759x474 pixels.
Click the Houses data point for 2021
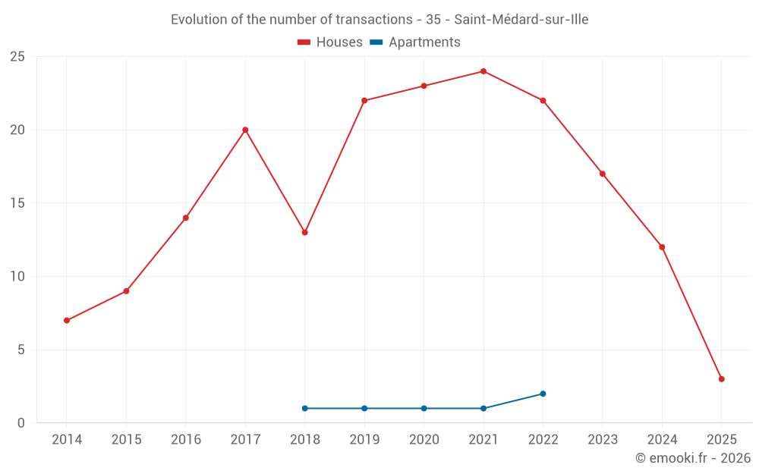[483, 71]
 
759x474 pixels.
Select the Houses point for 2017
[245, 130]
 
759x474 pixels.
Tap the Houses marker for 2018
[304, 232]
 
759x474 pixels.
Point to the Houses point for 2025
[721, 379]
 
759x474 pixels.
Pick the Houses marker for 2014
[67, 320]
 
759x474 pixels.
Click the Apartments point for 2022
[543, 394]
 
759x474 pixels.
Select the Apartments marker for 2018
[304, 408]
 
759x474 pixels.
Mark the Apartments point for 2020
[424, 408]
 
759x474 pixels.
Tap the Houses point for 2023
[603, 174]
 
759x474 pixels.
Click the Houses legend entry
[330, 42]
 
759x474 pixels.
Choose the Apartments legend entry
[415, 42]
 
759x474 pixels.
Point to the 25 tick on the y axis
[17, 57]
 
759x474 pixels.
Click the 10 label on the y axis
[17, 277]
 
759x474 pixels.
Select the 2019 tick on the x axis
[364, 440]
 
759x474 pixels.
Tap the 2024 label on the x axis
[662, 440]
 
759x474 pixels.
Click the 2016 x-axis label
[186, 440]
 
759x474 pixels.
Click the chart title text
[379, 20]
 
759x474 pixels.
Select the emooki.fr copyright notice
[692, 458]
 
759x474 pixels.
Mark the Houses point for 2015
[126, 291]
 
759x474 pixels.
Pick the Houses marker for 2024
[662, 247]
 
